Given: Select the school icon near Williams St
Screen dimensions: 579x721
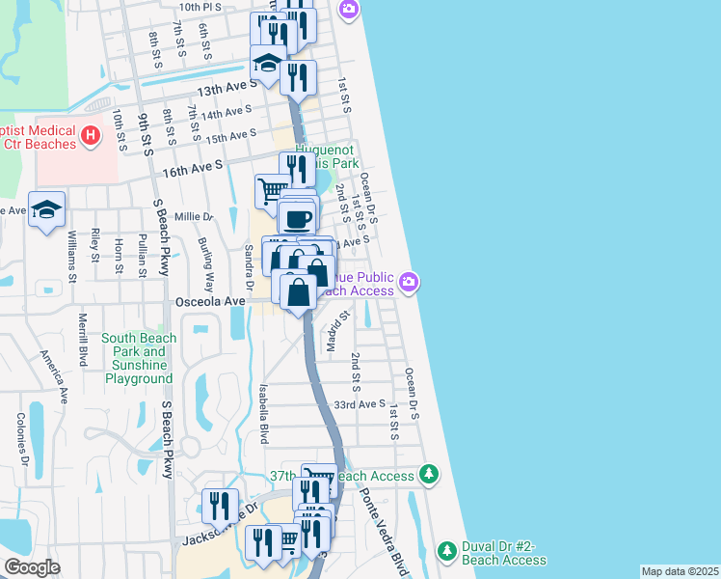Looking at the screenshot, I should point(46,211).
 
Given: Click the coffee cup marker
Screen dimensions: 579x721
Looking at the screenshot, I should point(297,217).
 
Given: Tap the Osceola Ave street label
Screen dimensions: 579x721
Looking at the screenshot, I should point(210,301).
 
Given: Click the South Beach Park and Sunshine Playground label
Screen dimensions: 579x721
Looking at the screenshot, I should point(140,358).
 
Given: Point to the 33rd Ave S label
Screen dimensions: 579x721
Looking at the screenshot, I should point(359,404).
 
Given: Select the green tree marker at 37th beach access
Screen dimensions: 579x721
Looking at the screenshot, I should point(429,475).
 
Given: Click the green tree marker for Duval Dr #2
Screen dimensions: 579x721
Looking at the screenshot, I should point(446,551).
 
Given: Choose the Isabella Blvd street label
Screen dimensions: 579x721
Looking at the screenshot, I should point(262,410).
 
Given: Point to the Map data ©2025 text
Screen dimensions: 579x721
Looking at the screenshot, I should point(679,571).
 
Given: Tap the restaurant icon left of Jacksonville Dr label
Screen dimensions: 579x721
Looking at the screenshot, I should point(220,505).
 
